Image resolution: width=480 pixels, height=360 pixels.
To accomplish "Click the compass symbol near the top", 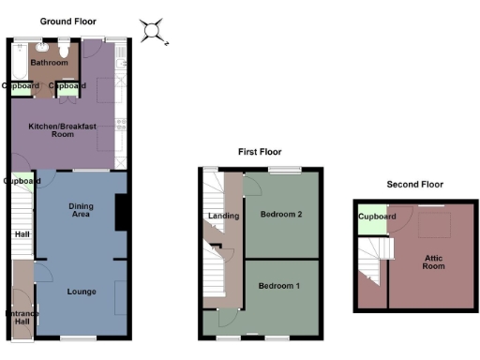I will [153, 31].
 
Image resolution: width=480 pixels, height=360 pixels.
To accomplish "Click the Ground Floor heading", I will [67, 21].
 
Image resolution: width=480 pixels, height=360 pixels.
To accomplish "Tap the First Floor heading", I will [259, 151].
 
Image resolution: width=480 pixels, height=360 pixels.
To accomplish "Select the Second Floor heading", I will [413, 185].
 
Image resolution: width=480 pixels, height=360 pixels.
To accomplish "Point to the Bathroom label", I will [49, 63].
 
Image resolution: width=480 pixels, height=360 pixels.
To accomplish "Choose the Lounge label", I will [82, 292].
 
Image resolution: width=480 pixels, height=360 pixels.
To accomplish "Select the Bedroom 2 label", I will [281, 215].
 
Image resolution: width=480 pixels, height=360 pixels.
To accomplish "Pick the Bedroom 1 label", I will [278, 285].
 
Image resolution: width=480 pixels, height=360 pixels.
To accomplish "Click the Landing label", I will [223, 217].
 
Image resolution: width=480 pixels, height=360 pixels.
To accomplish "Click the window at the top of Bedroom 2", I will [284, 170].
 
